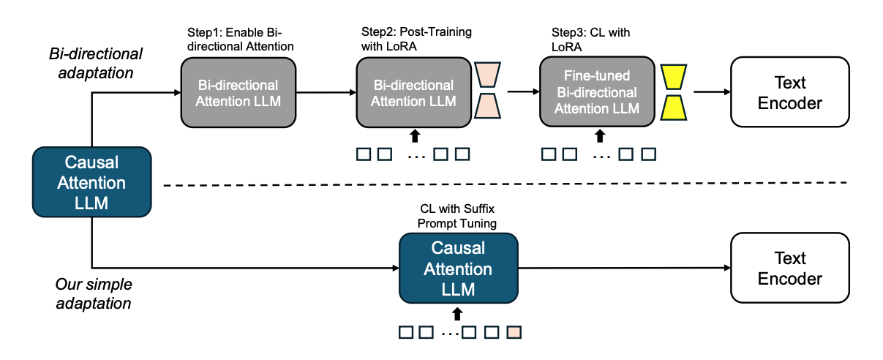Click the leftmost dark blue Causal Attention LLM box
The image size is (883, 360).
(x=91, y=182)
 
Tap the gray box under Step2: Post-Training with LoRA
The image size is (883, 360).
(x=413, y=93)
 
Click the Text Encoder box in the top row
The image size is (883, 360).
(x=789, y=91)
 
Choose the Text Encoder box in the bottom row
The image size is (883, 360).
(x=789, y=268)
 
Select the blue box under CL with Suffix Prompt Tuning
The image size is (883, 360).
(x=458, y=268)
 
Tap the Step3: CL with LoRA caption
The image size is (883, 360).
(x=590, y=40)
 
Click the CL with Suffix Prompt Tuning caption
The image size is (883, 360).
(x=457, y=216)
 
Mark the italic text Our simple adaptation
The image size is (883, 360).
(x=94, y=293)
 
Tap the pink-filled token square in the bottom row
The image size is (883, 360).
(x=514, y=332)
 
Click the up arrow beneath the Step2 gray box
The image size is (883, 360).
(x=415, y=135)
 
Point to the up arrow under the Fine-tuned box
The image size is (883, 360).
(x=599, y=135)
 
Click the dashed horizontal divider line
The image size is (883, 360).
(x=512, y=184)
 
